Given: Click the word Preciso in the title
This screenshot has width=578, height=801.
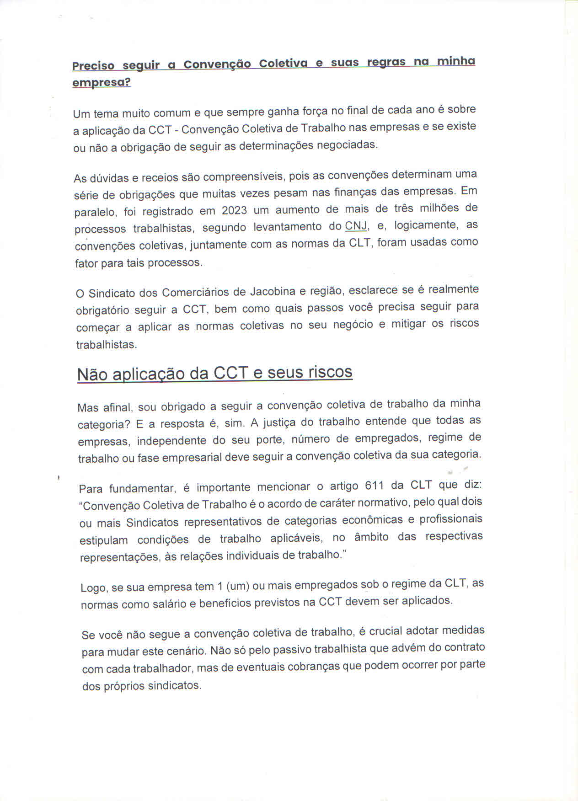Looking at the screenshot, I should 93,66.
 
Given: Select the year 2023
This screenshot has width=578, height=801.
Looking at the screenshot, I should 234,210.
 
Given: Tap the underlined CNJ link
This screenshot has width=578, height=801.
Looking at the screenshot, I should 356,226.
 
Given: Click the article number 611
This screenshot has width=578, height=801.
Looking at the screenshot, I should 375,486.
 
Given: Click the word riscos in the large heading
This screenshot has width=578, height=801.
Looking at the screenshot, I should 330,372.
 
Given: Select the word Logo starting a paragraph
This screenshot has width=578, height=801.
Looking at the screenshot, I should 93,587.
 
